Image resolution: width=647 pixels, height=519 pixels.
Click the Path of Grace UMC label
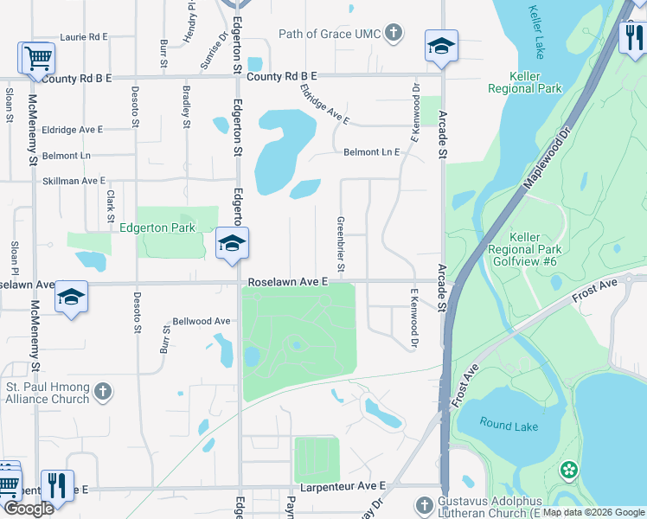coord(329,34)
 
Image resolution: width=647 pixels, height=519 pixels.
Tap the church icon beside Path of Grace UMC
coord(394,34)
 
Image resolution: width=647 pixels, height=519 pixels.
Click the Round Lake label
coord(509,426)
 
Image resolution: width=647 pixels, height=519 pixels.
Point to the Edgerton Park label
coord(157,227)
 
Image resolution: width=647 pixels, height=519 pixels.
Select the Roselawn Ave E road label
coord(288,282)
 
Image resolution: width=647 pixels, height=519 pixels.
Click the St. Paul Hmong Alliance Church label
coord(47,393)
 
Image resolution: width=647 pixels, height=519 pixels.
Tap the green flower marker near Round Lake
coord(568,471)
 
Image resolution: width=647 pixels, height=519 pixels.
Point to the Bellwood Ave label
coord(202,321)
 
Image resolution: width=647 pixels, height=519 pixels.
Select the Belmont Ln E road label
coord(372,152)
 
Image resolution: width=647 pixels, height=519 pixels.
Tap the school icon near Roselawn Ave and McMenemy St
coord(71,298)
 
